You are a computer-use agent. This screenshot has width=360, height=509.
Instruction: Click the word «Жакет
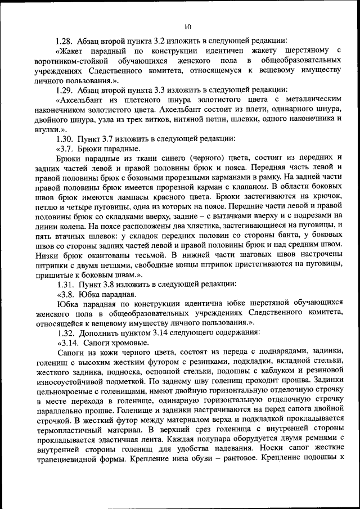tap(71, 51)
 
